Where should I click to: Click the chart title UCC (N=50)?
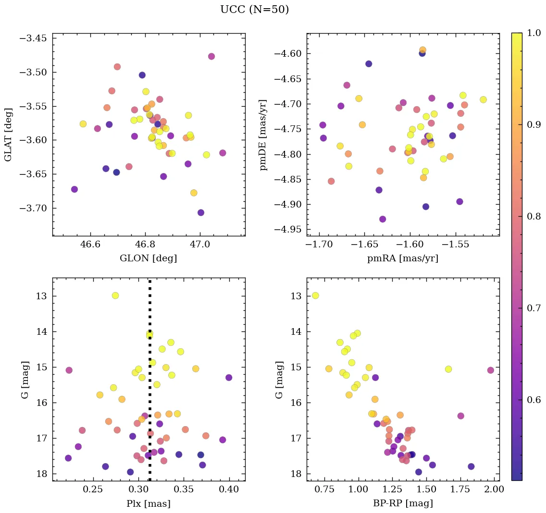coord(254,10)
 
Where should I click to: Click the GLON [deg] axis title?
coord(148,258)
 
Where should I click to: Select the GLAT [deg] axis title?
coord(9,134)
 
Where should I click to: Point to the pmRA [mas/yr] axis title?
coord(402,258)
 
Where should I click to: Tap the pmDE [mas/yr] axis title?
coord(263,134)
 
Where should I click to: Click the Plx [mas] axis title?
coord(148,503)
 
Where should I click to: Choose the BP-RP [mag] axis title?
coord(402,503)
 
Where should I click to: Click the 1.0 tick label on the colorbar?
coord(534,33)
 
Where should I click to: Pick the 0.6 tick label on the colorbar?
coord(534,400)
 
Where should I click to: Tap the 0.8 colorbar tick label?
coord(534,217)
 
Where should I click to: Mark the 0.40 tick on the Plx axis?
coord(229,490)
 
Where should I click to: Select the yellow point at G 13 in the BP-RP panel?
coord(315,295)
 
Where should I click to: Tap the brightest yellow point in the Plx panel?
coord(115,295)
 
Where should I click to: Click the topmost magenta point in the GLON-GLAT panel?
coord(211,56)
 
